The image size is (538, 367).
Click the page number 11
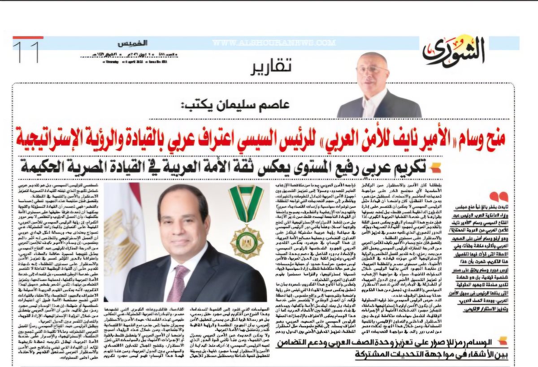point(26,52)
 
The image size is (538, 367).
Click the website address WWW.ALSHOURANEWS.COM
point(274,43)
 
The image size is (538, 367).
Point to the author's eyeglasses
point(372,70)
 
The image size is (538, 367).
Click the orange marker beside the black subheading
point(435,168)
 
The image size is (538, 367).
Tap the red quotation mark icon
point(499,196)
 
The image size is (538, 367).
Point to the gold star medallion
point(246,242)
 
